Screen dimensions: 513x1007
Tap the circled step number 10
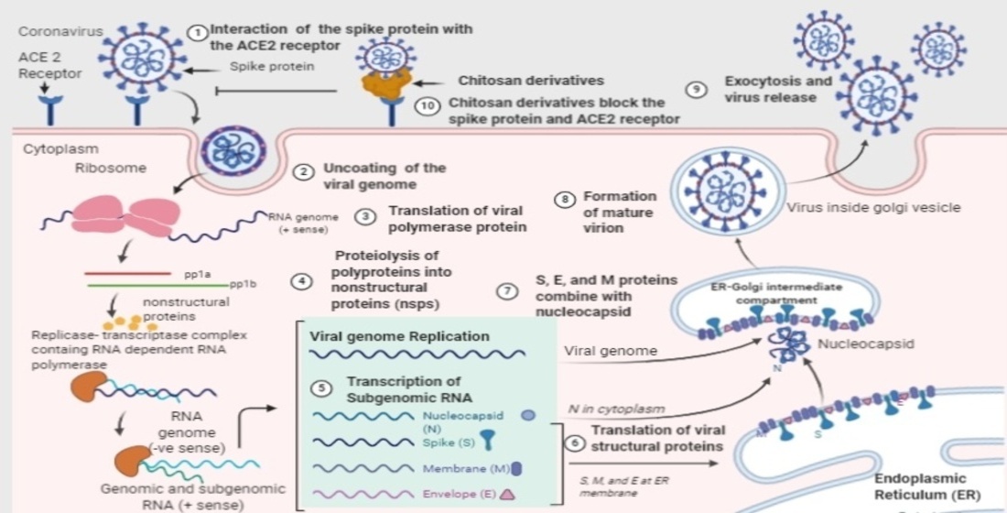[x=428, y=105]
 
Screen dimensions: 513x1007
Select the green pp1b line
[x=156, y=285]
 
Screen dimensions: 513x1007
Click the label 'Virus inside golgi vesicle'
[x=873, y=208]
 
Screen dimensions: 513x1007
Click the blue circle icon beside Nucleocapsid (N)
[x=527, y=414]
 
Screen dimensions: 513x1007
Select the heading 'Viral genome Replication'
[x=399, y=336]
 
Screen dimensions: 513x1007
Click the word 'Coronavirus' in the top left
[x=55, y=31]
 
